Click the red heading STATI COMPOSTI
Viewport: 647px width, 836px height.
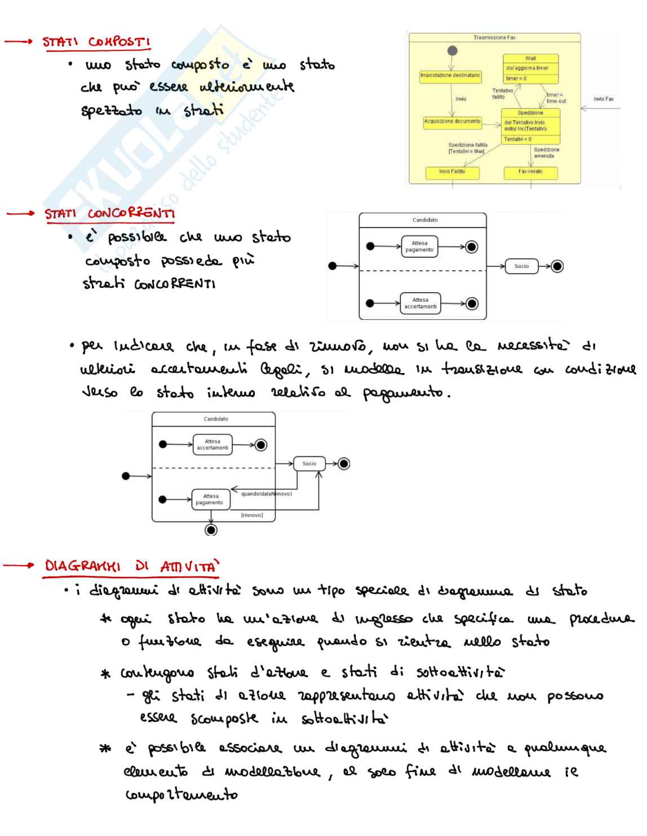pyautogui.click(x=96, y=43)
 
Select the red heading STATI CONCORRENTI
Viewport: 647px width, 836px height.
pyautogui.click(x=110, y=214)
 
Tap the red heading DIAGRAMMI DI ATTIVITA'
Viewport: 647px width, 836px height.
pyautogui.click(x=131, y=566)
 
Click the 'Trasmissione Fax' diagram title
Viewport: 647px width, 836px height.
pyautogui.click(x=494, y=38)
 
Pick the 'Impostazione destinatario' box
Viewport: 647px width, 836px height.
pyautogui.click(x=450, y=75)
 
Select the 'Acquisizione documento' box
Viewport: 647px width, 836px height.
pyautogui.click(x=452, y=121)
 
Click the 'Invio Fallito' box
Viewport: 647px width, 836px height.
pyautogui.click(x=451, y=172)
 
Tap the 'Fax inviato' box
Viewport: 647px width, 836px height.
pyautogui.click(x=530, y=172)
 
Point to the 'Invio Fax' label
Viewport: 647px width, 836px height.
pyautogui.click(x=603, y=99)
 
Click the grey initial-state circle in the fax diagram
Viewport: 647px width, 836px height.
pyautogui.click(x=451, y=51)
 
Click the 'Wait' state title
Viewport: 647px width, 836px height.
pyautogui.click(x=530, y=58)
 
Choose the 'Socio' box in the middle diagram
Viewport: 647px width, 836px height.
pyautogui.click(x=521, y=266)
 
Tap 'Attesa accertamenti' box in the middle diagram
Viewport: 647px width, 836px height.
pyautogui.click(x=420, y=303)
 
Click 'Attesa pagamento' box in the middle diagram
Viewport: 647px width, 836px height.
pyautogui.click(x=419, y=247)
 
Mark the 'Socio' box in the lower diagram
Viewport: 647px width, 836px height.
pyautogui.click(x=309, y=464)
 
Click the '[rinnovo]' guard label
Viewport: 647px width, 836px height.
pyautogui.click(x=251, y=516)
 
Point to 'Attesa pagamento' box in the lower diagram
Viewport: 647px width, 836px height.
pyautogui.click(x=210, y=499)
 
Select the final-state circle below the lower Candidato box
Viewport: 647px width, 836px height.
pyautogui.click(x=211, y=530)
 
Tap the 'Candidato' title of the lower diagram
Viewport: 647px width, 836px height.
pyautogui.click(x=215, y=419)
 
